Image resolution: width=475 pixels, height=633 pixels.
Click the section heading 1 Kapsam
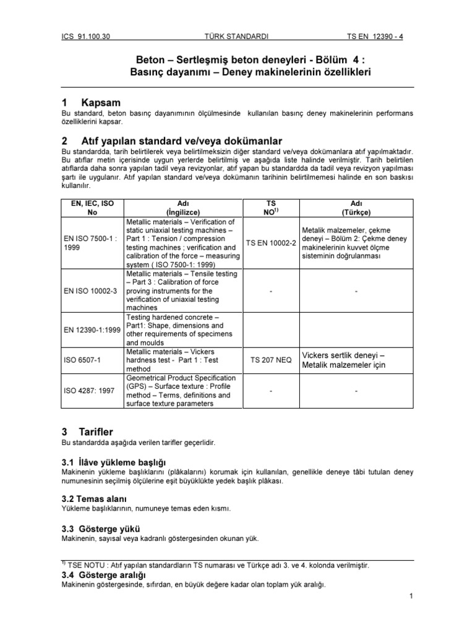point(92,102)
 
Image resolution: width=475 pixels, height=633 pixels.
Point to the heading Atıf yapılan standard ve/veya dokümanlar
point(173,141)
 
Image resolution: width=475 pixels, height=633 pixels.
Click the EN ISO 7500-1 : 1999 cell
point(90,242)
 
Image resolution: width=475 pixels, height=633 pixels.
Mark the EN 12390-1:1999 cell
point(92,330)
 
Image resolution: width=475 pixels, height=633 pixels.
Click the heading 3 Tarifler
point(88,431)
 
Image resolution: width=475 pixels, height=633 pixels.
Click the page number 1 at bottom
point(411,595)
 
